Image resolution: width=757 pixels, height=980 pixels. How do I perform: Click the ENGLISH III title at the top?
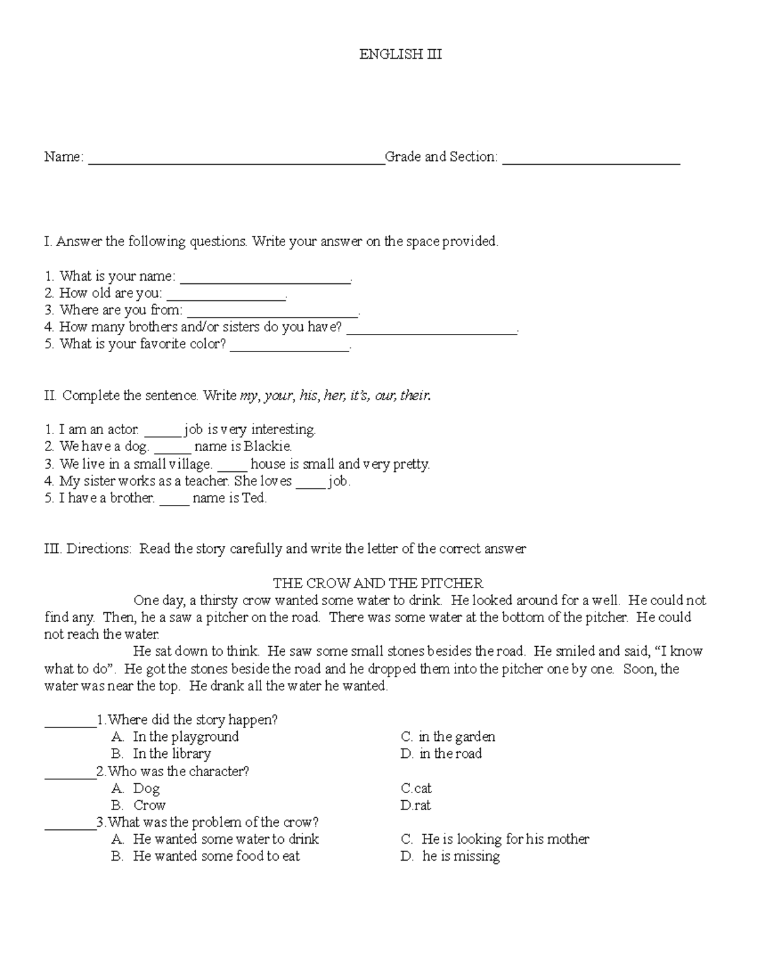pos(400,55)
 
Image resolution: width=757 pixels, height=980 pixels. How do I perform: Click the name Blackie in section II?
pos(269,447)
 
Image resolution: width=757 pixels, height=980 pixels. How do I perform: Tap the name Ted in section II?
pos(254,498)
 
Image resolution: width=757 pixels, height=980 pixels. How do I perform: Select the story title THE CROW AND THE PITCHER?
pos(378,583)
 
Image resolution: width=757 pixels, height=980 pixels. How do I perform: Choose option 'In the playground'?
pos(185,736)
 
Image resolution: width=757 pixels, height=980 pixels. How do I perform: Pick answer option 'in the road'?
pos(450,753)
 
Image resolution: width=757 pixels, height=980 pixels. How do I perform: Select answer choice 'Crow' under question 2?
pos(150,805)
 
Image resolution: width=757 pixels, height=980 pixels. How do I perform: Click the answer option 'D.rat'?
pos(416,805)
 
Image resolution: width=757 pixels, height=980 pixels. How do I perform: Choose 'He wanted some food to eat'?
pos(216,856)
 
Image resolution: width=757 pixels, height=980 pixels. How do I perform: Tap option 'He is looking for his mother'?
pos(505,839)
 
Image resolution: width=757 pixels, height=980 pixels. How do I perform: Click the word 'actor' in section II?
pos(122,430)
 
